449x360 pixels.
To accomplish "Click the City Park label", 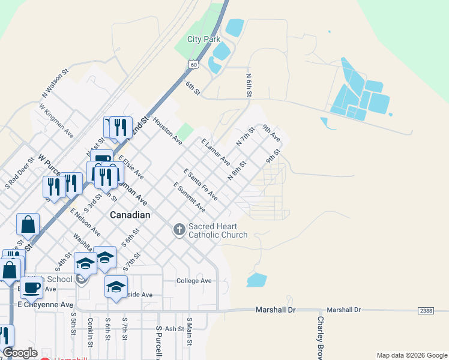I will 203,39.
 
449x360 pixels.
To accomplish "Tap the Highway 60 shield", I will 192,64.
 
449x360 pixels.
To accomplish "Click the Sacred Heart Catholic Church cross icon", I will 179,230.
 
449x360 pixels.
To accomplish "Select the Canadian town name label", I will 130,214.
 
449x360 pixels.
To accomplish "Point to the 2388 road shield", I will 426,310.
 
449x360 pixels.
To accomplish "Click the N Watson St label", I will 56,83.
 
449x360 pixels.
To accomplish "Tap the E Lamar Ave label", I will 215,152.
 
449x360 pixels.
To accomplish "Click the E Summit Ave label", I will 189,197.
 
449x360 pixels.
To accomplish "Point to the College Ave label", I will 194,281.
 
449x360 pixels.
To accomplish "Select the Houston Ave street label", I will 167,131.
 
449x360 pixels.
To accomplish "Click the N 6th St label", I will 249,85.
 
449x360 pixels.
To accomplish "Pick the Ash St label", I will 174,329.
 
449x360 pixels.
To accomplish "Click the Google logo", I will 20,353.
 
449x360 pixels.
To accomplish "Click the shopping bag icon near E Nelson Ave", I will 28,225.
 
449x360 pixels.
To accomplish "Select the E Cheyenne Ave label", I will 45,305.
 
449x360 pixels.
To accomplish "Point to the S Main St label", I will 189,331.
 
